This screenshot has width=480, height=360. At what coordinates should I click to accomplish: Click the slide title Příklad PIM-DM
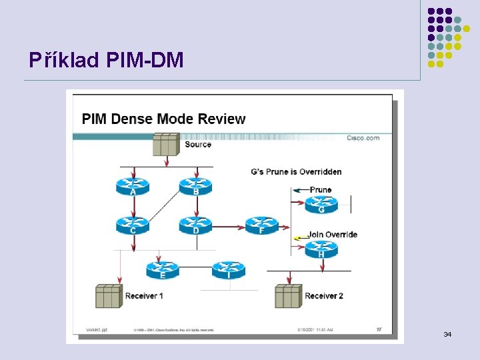click(x=106, y=61)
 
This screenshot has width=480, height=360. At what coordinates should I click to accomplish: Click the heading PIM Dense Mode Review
click(x=163, y=119)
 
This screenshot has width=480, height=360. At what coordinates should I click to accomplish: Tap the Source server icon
click(x=166, y=144)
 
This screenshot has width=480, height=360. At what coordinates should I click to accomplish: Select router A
click(x=133, y=185)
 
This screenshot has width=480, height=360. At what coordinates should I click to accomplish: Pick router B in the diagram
click(x=195, y=185)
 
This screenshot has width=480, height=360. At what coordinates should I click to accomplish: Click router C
click(x=133, y=225)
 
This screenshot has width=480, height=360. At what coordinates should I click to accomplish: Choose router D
click(x=195, y=225)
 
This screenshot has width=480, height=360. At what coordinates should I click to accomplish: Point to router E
click(x=163, y=269)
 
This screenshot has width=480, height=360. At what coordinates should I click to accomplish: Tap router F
click(x=261, y=225)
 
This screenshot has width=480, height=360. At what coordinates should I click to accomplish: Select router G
click(x=321, y=204)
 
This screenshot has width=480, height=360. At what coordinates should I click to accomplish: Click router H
click(x=321, y=249)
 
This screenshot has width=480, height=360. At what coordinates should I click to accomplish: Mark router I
click(x=229, y=269)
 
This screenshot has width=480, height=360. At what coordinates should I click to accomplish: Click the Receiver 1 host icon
click(x=108, y=295)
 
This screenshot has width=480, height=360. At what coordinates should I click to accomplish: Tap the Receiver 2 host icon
click(x=288, y=295)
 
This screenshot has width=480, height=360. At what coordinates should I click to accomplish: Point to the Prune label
click(x=321, y=190)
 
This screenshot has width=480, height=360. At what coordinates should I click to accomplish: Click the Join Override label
click(x=332, y=235)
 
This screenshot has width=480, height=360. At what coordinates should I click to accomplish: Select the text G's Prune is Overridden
click(x=296, y=172)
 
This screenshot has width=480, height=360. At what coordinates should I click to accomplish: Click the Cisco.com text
click(x=363, y=138)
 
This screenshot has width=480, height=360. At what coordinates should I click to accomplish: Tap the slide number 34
click(x=447, y=333)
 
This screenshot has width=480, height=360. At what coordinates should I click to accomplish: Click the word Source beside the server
click(x=198, y=145)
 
